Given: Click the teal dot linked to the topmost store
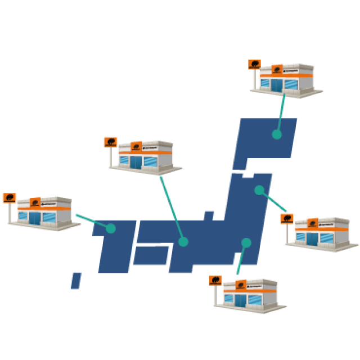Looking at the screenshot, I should click(277, 134).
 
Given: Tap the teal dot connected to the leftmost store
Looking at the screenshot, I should click(111, 228).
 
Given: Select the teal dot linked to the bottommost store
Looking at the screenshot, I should click(246, 243).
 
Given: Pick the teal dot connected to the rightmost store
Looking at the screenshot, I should click(259, 190).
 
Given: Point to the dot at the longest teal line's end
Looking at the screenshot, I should click(183, 242).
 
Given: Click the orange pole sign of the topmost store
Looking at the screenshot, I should click(254, 65).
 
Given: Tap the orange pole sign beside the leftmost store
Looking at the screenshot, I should click(9, 198).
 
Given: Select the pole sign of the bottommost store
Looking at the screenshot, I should click(215, 280).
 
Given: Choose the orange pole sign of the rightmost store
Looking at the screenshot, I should click(287, 219).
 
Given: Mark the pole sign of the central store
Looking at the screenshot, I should click(110, 142).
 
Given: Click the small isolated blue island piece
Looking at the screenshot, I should click(76, 280).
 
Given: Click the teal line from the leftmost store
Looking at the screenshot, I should click(93, 221).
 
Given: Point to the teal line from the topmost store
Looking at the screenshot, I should click(281, 112).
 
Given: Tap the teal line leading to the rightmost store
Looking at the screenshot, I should click(273, 201).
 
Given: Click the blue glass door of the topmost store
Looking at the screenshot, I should click(276, 85).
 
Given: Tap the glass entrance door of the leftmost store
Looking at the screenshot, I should click(34, 218).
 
